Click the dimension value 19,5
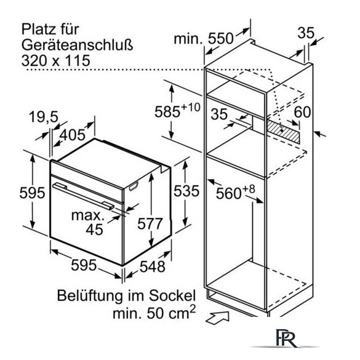44,117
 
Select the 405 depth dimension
73,135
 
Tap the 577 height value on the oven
150,223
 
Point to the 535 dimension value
186,191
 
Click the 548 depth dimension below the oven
153,266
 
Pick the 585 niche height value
167,112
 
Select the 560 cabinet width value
229,194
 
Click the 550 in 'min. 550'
220,39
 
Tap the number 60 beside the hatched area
302,112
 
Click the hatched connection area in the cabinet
283,131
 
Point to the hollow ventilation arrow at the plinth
217,318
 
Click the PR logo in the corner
286,338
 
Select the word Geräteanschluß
78,45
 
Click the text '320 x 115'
56,60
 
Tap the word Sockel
172,295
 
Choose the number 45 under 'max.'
94,230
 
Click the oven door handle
83,196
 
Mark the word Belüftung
90,296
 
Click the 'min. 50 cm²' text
154,313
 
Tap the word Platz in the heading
38,30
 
